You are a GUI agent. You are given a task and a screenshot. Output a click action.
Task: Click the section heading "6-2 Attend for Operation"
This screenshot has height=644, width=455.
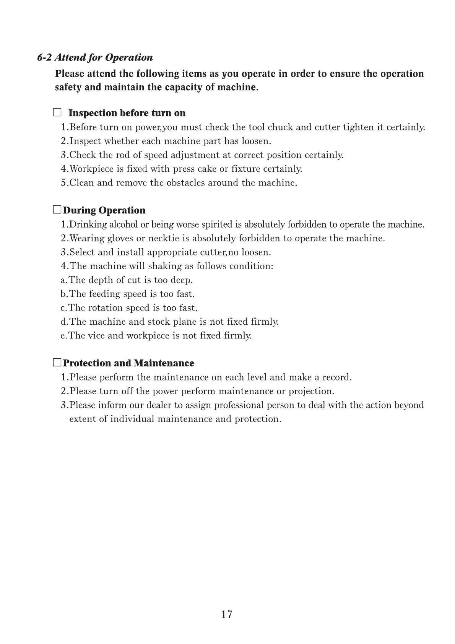click(95, 58)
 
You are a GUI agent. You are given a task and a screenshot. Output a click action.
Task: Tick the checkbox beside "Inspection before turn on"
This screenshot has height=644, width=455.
click(57, 113)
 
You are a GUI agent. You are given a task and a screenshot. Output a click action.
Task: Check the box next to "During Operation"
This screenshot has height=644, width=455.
click(57, 210)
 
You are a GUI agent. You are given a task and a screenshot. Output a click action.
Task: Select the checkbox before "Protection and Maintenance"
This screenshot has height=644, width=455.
click(57, 363)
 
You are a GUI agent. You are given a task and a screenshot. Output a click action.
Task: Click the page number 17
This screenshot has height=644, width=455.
click(226, 614)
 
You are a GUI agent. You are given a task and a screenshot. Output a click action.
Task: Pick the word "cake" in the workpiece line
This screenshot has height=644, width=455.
click(207, 169)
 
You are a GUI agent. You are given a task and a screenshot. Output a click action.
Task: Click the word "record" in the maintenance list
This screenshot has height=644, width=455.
click(336, 377)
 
